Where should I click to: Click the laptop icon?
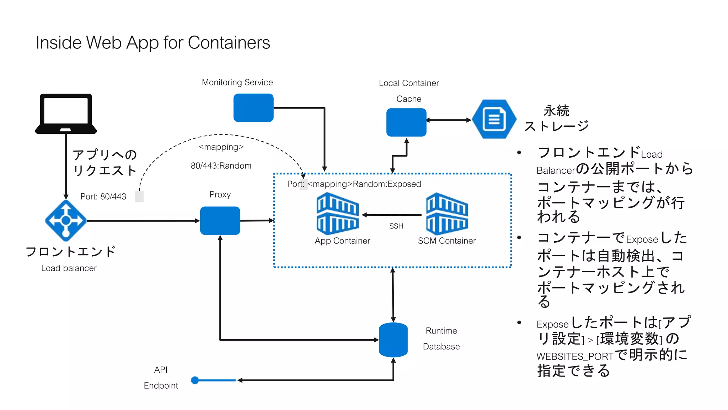pyautogui.click(x=66, y=114)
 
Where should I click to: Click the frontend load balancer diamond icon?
pyautogui.click(x=66, y=221)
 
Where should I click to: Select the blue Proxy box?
pyautogui.click(x=220, y=221)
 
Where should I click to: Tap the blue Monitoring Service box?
pyautogui.click(x=253, y=108)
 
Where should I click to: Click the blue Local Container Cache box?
pyautogui.click(x=406, y=122)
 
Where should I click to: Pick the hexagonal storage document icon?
pyautogui.click(x=494, y=119)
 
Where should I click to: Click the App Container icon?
pyautogui.click(x=338, y=214)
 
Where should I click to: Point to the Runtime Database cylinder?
pyautogui.click(x=393, y=340)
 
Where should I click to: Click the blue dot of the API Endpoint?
pyautogui.click(x=195, y=380)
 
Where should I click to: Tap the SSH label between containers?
pyautogui.click(x=396, y=226)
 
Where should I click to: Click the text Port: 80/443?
pyautogui.click(x=103, y=197)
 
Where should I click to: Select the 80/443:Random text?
pyautogui.click(x=221, y=166)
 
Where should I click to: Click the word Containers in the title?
pyautogui.click(x=229, y=43)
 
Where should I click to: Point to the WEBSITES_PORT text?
pyautogui.click(x=575, y=356)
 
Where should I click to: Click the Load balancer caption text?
pyautogui.click(x=69, y=268)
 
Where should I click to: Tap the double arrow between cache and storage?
pyautogui.click(x=449, y=120)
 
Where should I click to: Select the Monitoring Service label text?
pyautogui.click(x=237, y=83)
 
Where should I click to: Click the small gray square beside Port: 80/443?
pyautogui.click(x=139, y=196)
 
